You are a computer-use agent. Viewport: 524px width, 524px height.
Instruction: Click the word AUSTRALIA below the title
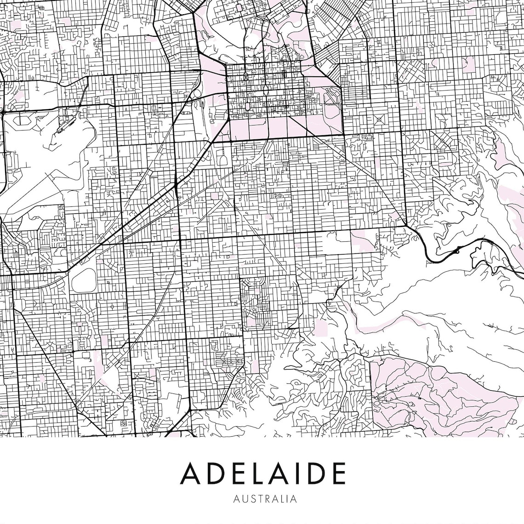pyautogui.click(x=265, y=498)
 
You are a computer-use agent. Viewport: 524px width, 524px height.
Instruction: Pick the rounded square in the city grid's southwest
pyautogui.click(x=247, y=107)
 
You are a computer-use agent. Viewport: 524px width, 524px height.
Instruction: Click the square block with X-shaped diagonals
pyautogui.click(x=380, y=120)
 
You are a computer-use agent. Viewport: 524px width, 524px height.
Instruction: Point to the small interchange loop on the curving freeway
pyautogui.click(x=458, y=251)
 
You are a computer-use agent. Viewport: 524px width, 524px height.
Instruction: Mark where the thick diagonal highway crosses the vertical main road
pyautogui.click(x=176, y=185)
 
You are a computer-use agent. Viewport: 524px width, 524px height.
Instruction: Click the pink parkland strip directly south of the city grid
pyautogui.click(x=267, y=126)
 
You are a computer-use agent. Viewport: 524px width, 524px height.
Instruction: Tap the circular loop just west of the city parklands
pyautogui.click(x=194, y=96)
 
